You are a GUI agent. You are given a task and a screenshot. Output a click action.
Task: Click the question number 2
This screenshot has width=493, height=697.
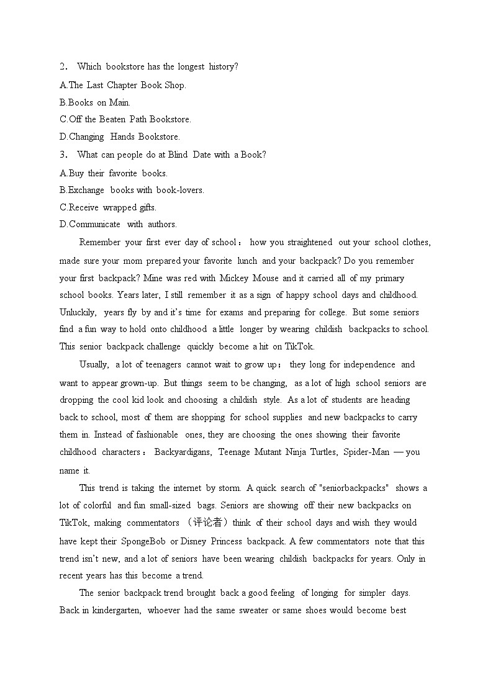[x=63, y=66]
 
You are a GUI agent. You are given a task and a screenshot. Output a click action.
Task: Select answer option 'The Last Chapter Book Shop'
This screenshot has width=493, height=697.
[x=122, y=85]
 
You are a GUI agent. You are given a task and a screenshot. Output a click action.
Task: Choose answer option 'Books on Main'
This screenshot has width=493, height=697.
[x=95, y=102]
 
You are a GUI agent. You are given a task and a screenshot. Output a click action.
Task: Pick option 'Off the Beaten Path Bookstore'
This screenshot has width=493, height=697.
[x=125, y=119]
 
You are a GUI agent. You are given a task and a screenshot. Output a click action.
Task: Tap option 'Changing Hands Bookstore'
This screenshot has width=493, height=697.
[x=120, y=137]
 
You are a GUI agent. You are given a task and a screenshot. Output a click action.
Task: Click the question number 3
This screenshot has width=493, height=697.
[x=63, y=155]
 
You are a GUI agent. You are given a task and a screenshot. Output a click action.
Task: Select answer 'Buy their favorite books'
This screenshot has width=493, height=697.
[x=114, y=173]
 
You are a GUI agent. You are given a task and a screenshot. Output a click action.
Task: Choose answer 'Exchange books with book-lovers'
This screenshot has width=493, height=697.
[x=132, y=190]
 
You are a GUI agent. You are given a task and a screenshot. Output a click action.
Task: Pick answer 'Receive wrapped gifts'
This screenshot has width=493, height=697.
[x=108, y=207]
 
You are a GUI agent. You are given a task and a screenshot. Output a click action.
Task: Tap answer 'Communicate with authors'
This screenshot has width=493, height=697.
[x=118, y=224]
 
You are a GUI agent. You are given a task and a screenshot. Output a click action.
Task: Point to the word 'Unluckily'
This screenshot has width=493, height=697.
[x=78, y=312]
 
